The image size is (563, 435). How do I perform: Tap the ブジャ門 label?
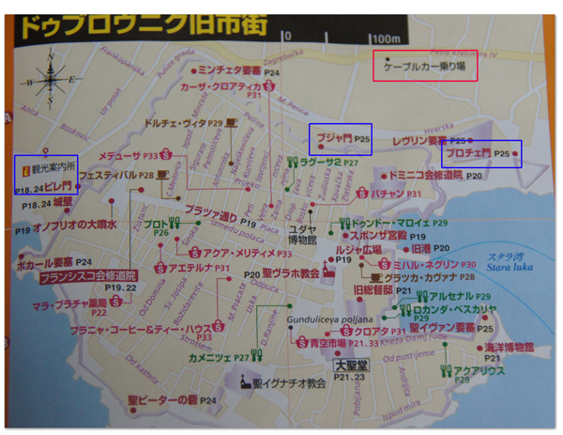coord(334,140)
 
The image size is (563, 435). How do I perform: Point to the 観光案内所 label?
coord(51,162)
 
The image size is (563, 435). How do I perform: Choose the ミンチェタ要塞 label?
coord(229,70)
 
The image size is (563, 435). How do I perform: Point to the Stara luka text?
coord(509,266)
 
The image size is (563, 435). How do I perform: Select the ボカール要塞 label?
coord(45,262)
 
